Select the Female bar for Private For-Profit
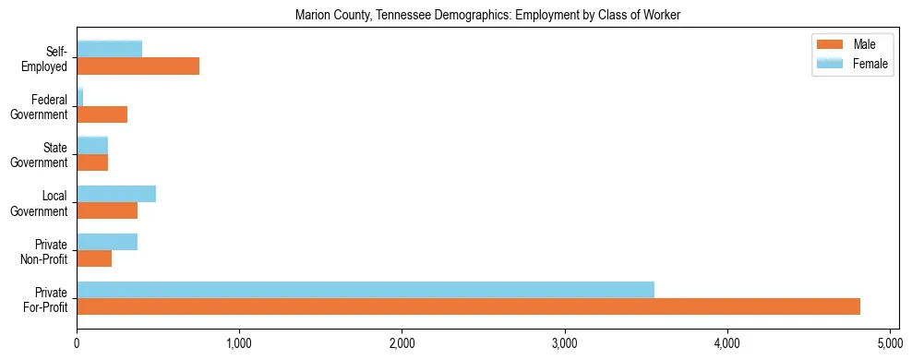click(366, 290)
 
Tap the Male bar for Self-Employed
click(138, 66)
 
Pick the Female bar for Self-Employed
click(109, 49)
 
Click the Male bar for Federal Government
click(102, 114)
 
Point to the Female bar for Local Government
click(116, 194)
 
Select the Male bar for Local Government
click(107, 210)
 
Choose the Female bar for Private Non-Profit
click(107, 242)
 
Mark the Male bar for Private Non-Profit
click(94, 258)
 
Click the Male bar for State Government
click(92, 162)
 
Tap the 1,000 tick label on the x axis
click(239, 343)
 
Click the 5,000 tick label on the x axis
click(890, 343)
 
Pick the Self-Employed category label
click(49, 57)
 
